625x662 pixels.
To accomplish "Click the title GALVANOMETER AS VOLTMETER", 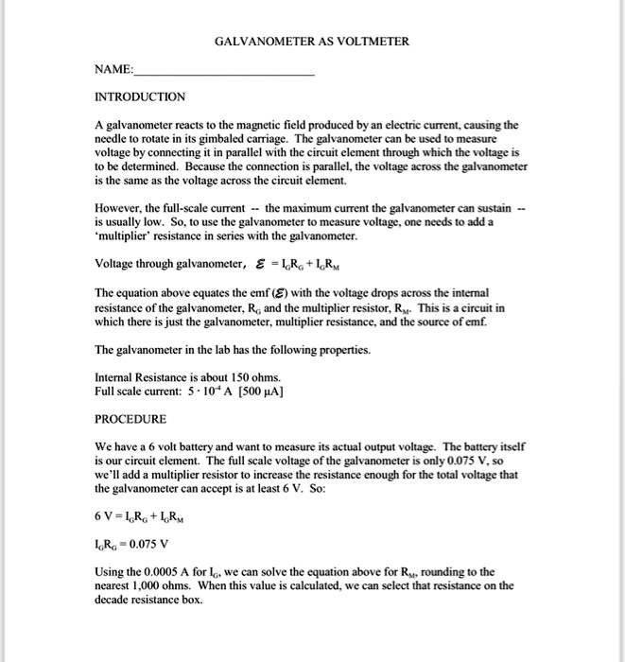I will click(312, 43).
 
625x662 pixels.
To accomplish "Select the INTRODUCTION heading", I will click(140, 96).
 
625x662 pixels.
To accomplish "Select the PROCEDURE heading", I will click(130, 419).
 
